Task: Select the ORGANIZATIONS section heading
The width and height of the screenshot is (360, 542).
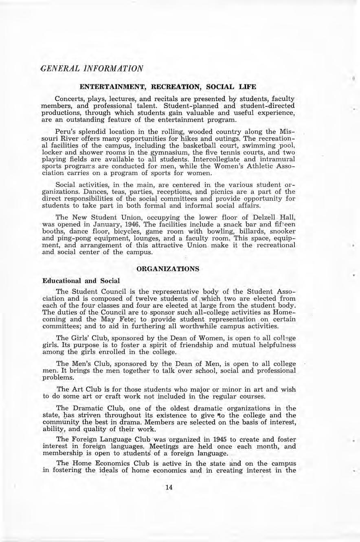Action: click(x=168, y=269)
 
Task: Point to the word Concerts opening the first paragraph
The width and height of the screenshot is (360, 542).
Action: click(x=70, y=99)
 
